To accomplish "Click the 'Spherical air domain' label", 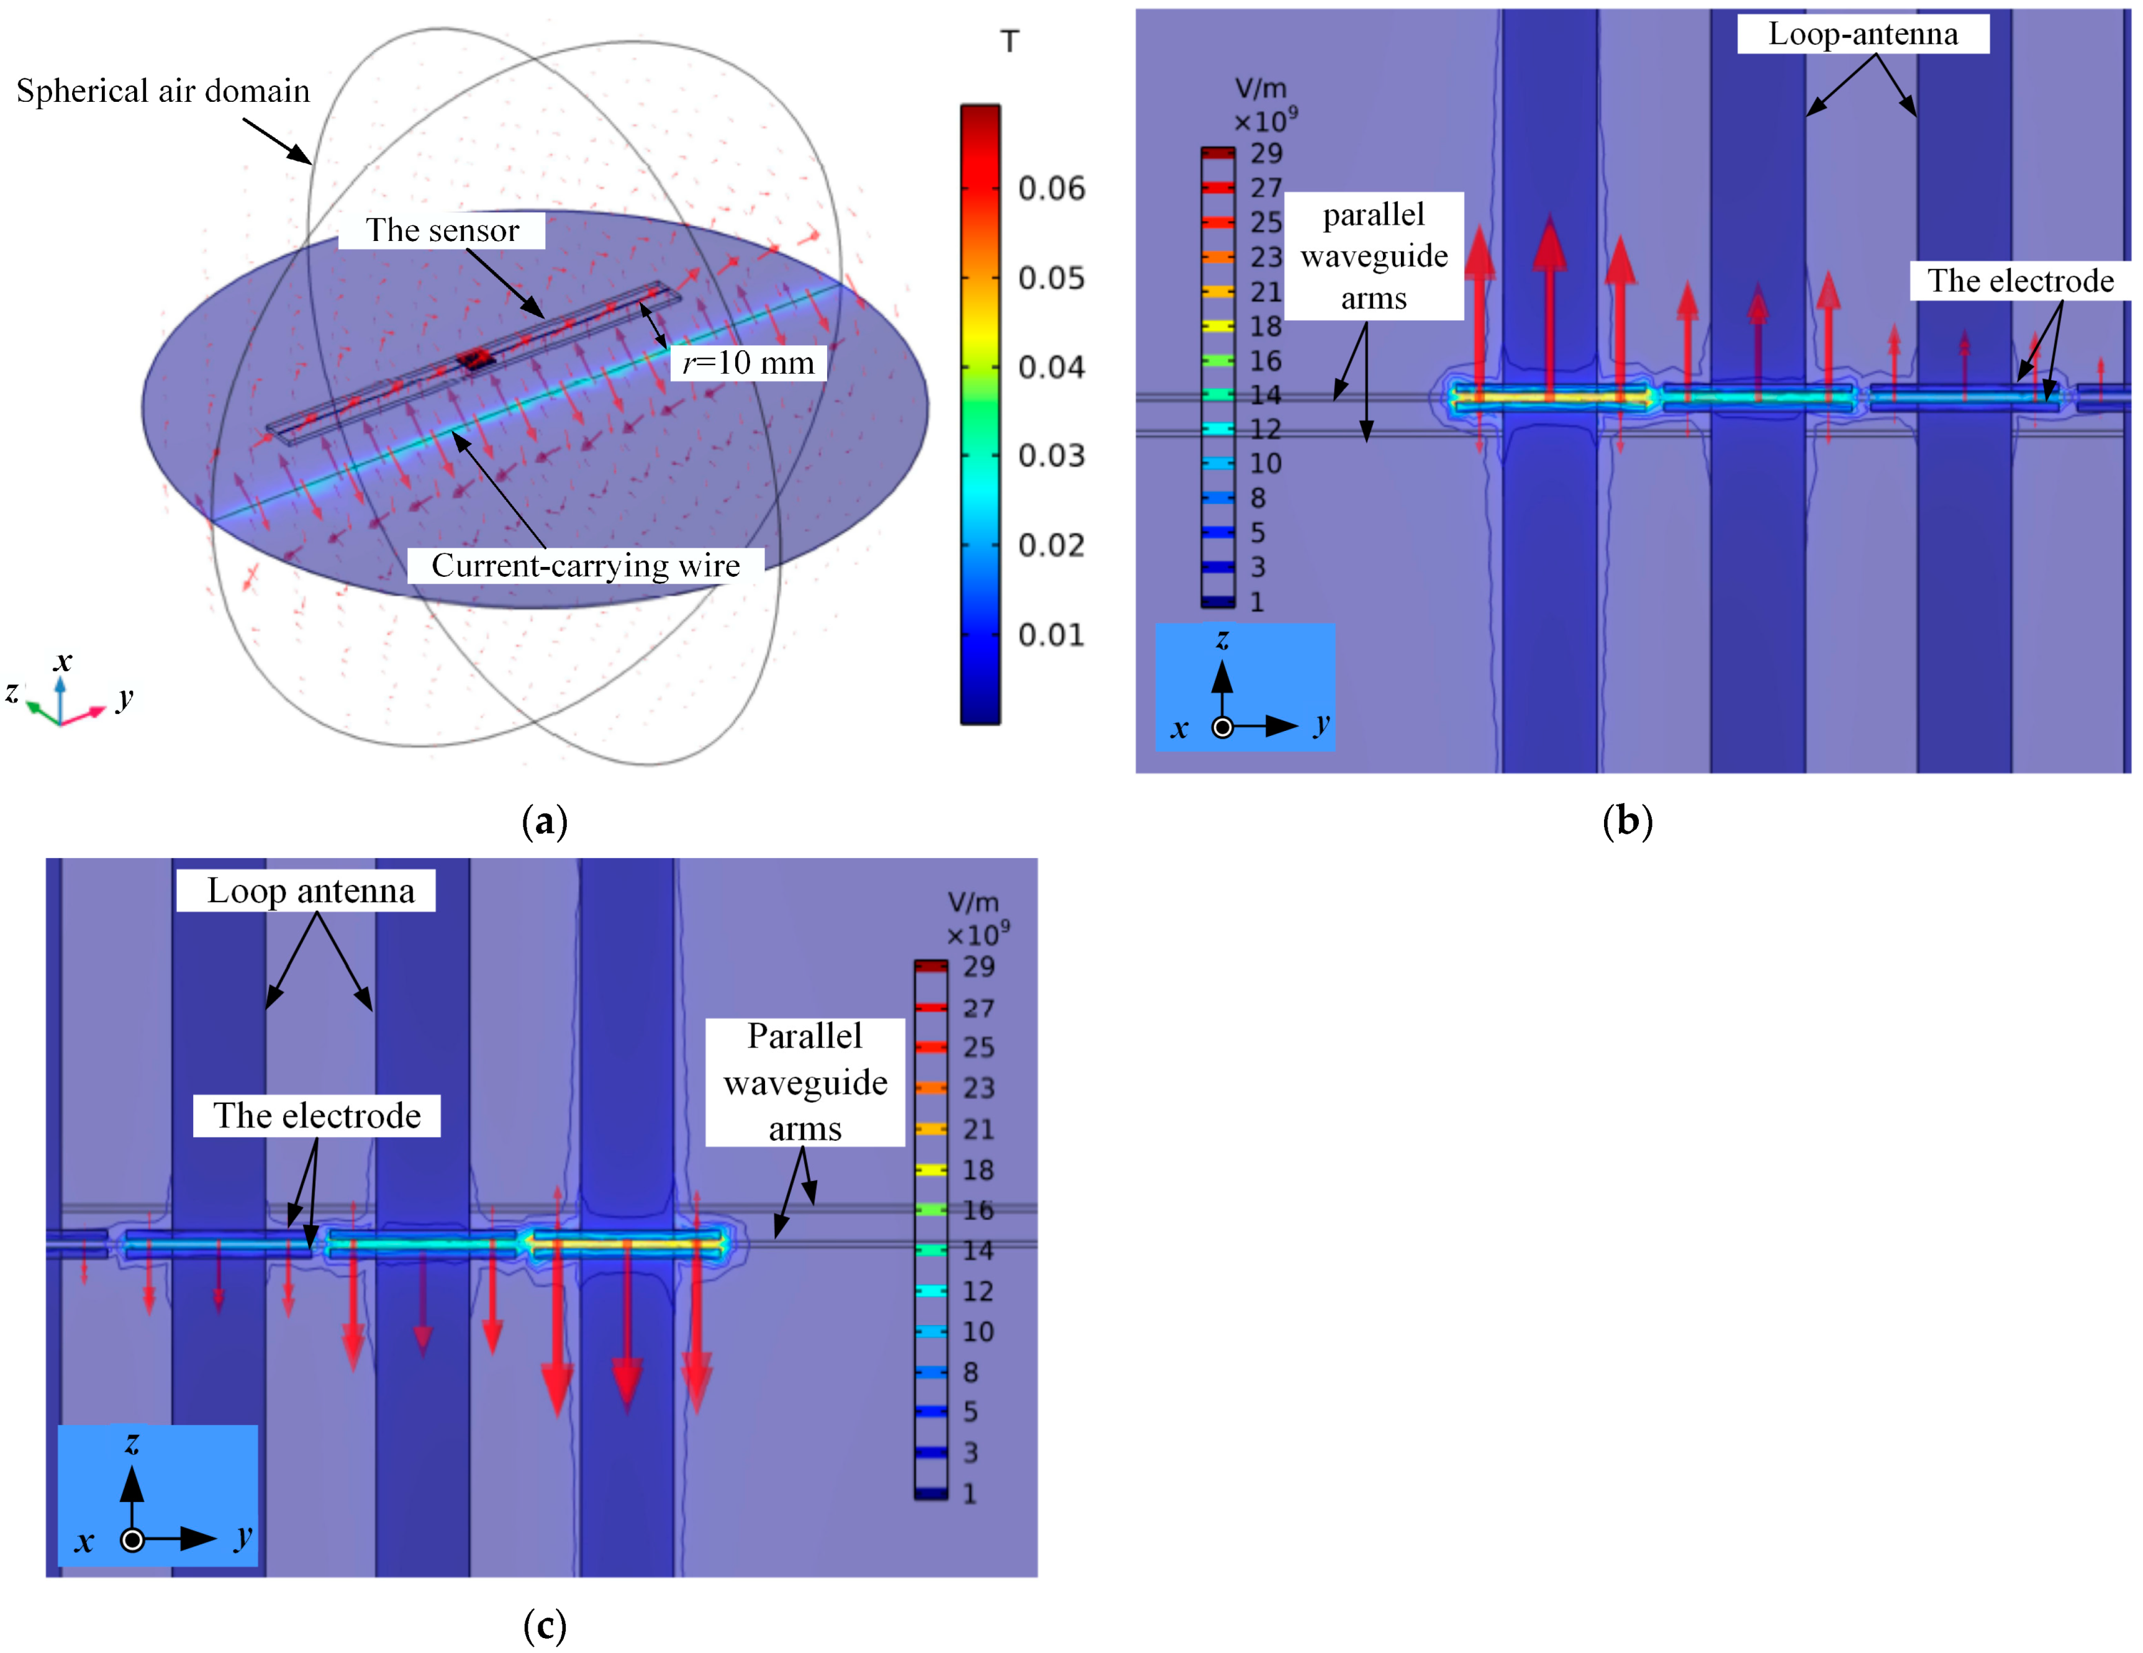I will [x=163, y=91].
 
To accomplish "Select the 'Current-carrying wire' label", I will [x=586, y=566].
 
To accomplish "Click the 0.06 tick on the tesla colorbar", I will [x=1051, y=188].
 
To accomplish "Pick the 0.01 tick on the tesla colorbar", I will [x=1051, y=635].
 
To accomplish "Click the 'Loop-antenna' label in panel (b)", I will [x=1862, y=34].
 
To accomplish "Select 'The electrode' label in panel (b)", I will [x=2020, y=281].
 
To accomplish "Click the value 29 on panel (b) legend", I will [x=1266, y=153].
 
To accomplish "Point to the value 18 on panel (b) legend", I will [x=1266, y=326].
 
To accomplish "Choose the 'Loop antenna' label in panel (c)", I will [x=310, y=890].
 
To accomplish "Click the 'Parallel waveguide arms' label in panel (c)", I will [x=805, y=1082].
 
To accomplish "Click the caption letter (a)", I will [x=545, y=821].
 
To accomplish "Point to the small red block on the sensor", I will [x=475, y=358].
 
